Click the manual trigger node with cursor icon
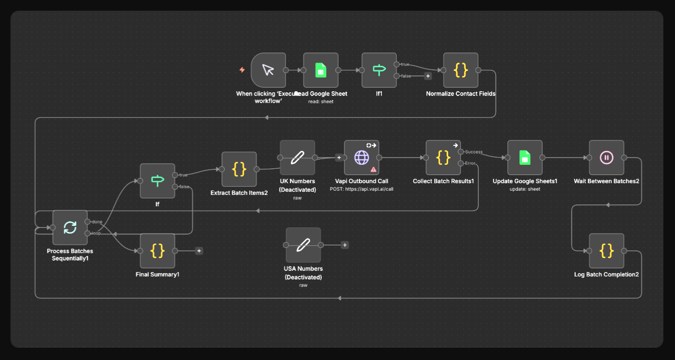tap(268, 70)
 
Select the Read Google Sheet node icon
tap(321, 70)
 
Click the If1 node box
tap(379, 70)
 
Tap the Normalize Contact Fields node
tap(460, 70)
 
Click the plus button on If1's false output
tap(428, 76)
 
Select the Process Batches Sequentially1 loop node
tap(70, 227)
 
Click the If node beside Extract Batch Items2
tap(158, 181)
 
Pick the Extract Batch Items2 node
tap(239, 169)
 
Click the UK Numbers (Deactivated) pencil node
tap(297, 158)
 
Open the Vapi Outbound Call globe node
tap(361, 158)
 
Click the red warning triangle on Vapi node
tap(374, 169)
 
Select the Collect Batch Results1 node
tap(443, 158)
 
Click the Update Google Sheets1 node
tap(525, 158)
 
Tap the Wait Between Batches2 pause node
tap(606, 158)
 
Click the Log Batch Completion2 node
tap(606, 251)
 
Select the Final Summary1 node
tap(158, 251)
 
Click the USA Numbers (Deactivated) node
tap(303, 245)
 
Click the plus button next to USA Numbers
tap(345, 245)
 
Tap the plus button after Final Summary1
tap(199, 251)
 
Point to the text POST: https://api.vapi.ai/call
tap(361, 189)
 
